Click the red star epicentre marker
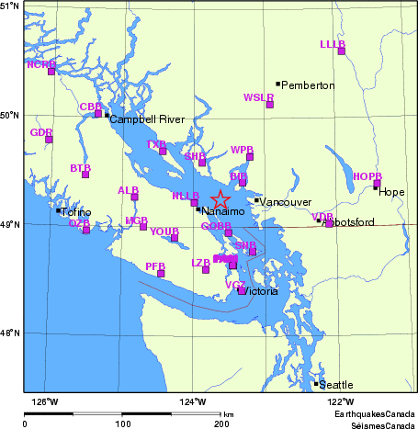(x=220, y=199)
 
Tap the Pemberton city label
(x=309, y=85)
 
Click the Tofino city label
(x=76, y=213)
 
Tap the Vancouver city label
(x=286, y=202)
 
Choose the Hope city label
(x=391, y=192)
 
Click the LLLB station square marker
(x=342, y=51)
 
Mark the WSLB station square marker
(x=270, y=105)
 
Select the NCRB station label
(x=41, y=64)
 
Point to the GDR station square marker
(x=50, y=140)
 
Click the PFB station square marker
(x=161, y=274)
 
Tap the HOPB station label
(x=367, y=176)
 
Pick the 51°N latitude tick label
(x=11, y=6)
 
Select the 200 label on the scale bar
(x=221, y=424)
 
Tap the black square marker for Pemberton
(x=278, y=84)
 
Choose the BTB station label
(x=81, y=169)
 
